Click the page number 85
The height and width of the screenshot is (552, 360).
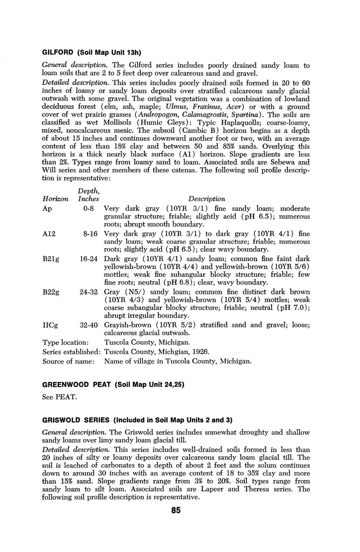pyautogui.click(x=176, y=510)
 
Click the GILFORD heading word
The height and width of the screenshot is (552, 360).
pyautogui.click(x=58, y=52)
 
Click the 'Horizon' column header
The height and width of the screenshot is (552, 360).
pyautogui.click(x=55, y=199)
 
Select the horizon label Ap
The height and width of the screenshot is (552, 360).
pyautogui.click(x=46, y=209)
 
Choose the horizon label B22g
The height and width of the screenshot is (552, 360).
pyautogui.click(x=51, y=292)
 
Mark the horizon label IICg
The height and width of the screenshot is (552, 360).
pyautogui.click(x=50, y=325)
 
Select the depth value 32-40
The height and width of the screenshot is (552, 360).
pyautogui.click(x=88, y=325)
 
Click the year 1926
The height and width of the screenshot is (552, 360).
pyautogui.click(x=201, y=352)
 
